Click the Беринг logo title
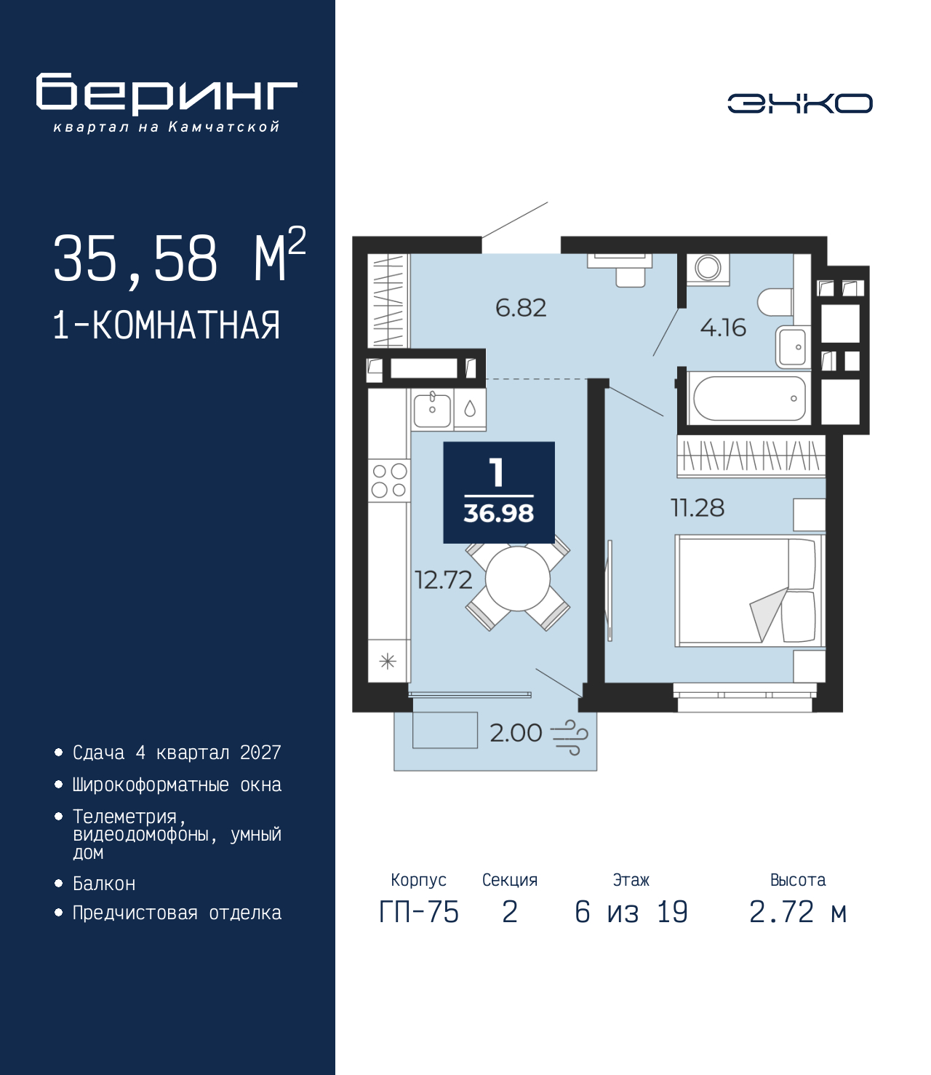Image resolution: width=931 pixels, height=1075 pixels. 167,94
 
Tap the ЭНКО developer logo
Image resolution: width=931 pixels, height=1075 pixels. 799,103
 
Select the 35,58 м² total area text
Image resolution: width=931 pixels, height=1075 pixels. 180,257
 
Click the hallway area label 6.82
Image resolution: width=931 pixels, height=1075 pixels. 520,308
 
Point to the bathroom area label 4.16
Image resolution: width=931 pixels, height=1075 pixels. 722,328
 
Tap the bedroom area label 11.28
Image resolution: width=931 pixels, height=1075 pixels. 697,507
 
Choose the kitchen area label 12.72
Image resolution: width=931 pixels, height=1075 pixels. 444,579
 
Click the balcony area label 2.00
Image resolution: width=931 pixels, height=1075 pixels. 516,733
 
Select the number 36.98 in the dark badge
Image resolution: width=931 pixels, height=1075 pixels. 498,513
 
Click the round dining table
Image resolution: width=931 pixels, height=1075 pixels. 518,579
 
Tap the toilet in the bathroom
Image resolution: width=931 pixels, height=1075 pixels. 775,302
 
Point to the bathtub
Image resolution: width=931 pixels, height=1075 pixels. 749,398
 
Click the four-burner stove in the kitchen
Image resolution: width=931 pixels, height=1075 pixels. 389,480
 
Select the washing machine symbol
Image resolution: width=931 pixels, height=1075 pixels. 708,269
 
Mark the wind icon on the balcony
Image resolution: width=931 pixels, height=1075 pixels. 570,737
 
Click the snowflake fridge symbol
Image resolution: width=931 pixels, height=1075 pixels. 388,662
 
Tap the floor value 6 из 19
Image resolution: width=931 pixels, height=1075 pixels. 631,912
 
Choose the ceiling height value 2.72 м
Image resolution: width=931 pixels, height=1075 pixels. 797,912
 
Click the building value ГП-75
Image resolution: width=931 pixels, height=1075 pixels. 419,912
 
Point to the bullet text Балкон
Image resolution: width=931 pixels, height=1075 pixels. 104,883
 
